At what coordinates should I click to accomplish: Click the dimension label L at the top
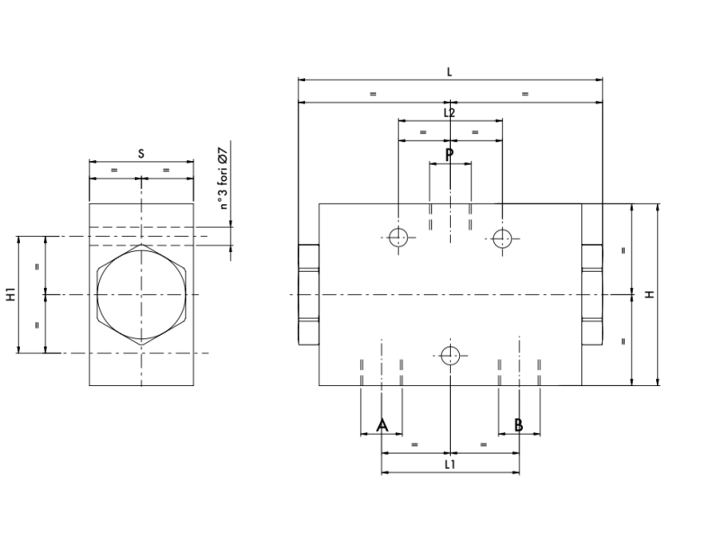tap(449, 72)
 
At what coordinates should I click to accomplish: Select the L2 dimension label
tap(449, 112)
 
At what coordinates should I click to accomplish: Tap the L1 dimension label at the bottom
tap(450, 464)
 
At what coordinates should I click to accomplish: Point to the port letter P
tap(449, 155)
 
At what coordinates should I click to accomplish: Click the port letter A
tap(382, 426)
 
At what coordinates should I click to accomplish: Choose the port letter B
tap(518, 425)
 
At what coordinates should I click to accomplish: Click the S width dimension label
tap(141, 153)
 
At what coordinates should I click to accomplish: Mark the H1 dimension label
tap(10, 294)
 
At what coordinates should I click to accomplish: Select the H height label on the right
tap(650, 294)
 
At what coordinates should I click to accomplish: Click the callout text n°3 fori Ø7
tap(222, 178)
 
